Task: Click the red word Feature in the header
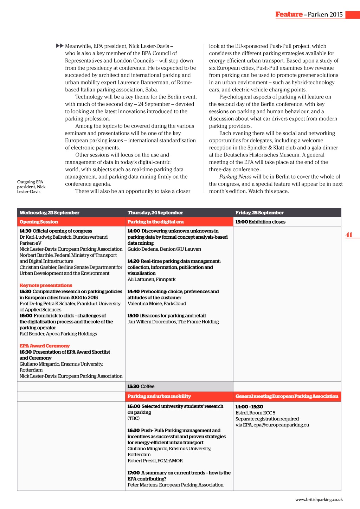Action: (289, 14)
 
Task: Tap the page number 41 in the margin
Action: (349, 235)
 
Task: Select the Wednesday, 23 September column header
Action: (50, 213)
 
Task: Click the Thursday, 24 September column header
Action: (155, 213)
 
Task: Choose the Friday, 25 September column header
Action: (259, 213)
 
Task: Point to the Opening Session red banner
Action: (39, 222)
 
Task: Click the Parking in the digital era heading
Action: (155, 222)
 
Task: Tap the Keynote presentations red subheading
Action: (46, 285)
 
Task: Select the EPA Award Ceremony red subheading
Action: (45, 346)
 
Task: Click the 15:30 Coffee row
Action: (141, 386)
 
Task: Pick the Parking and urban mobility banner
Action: (159, 396)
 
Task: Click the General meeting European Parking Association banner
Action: (287, 396)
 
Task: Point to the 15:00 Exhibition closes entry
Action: (260, 222)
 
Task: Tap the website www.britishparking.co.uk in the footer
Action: (319, 500)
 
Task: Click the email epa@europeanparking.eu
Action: (281, 425)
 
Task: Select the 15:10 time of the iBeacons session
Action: (133, 316)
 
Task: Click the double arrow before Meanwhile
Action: (60, 46)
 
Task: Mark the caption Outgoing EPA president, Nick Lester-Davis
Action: (31, 187)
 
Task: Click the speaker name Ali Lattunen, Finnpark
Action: (152, 279)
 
